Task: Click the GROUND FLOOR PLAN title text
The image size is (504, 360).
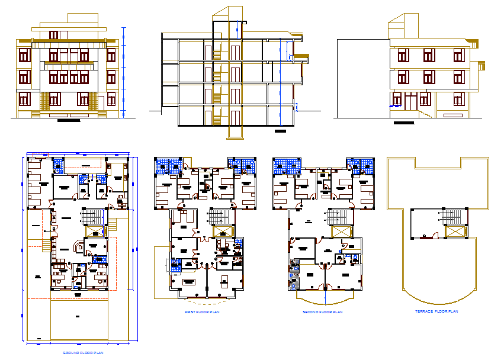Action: click(x=83, y=352)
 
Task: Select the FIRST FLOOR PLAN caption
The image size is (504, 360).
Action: click(x=202, y=311)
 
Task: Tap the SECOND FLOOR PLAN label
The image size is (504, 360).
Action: click(x=322, y=311)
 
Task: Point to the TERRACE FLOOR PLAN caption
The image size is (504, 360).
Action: click(x=439, y=311)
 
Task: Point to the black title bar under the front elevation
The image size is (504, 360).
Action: click(x=69, y=120)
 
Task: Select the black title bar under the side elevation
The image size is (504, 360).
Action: click(x=405, y=123)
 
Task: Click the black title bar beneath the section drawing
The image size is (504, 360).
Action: click(x=281, y=130)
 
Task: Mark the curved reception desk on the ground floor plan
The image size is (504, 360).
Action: click(x=78, y=246)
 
